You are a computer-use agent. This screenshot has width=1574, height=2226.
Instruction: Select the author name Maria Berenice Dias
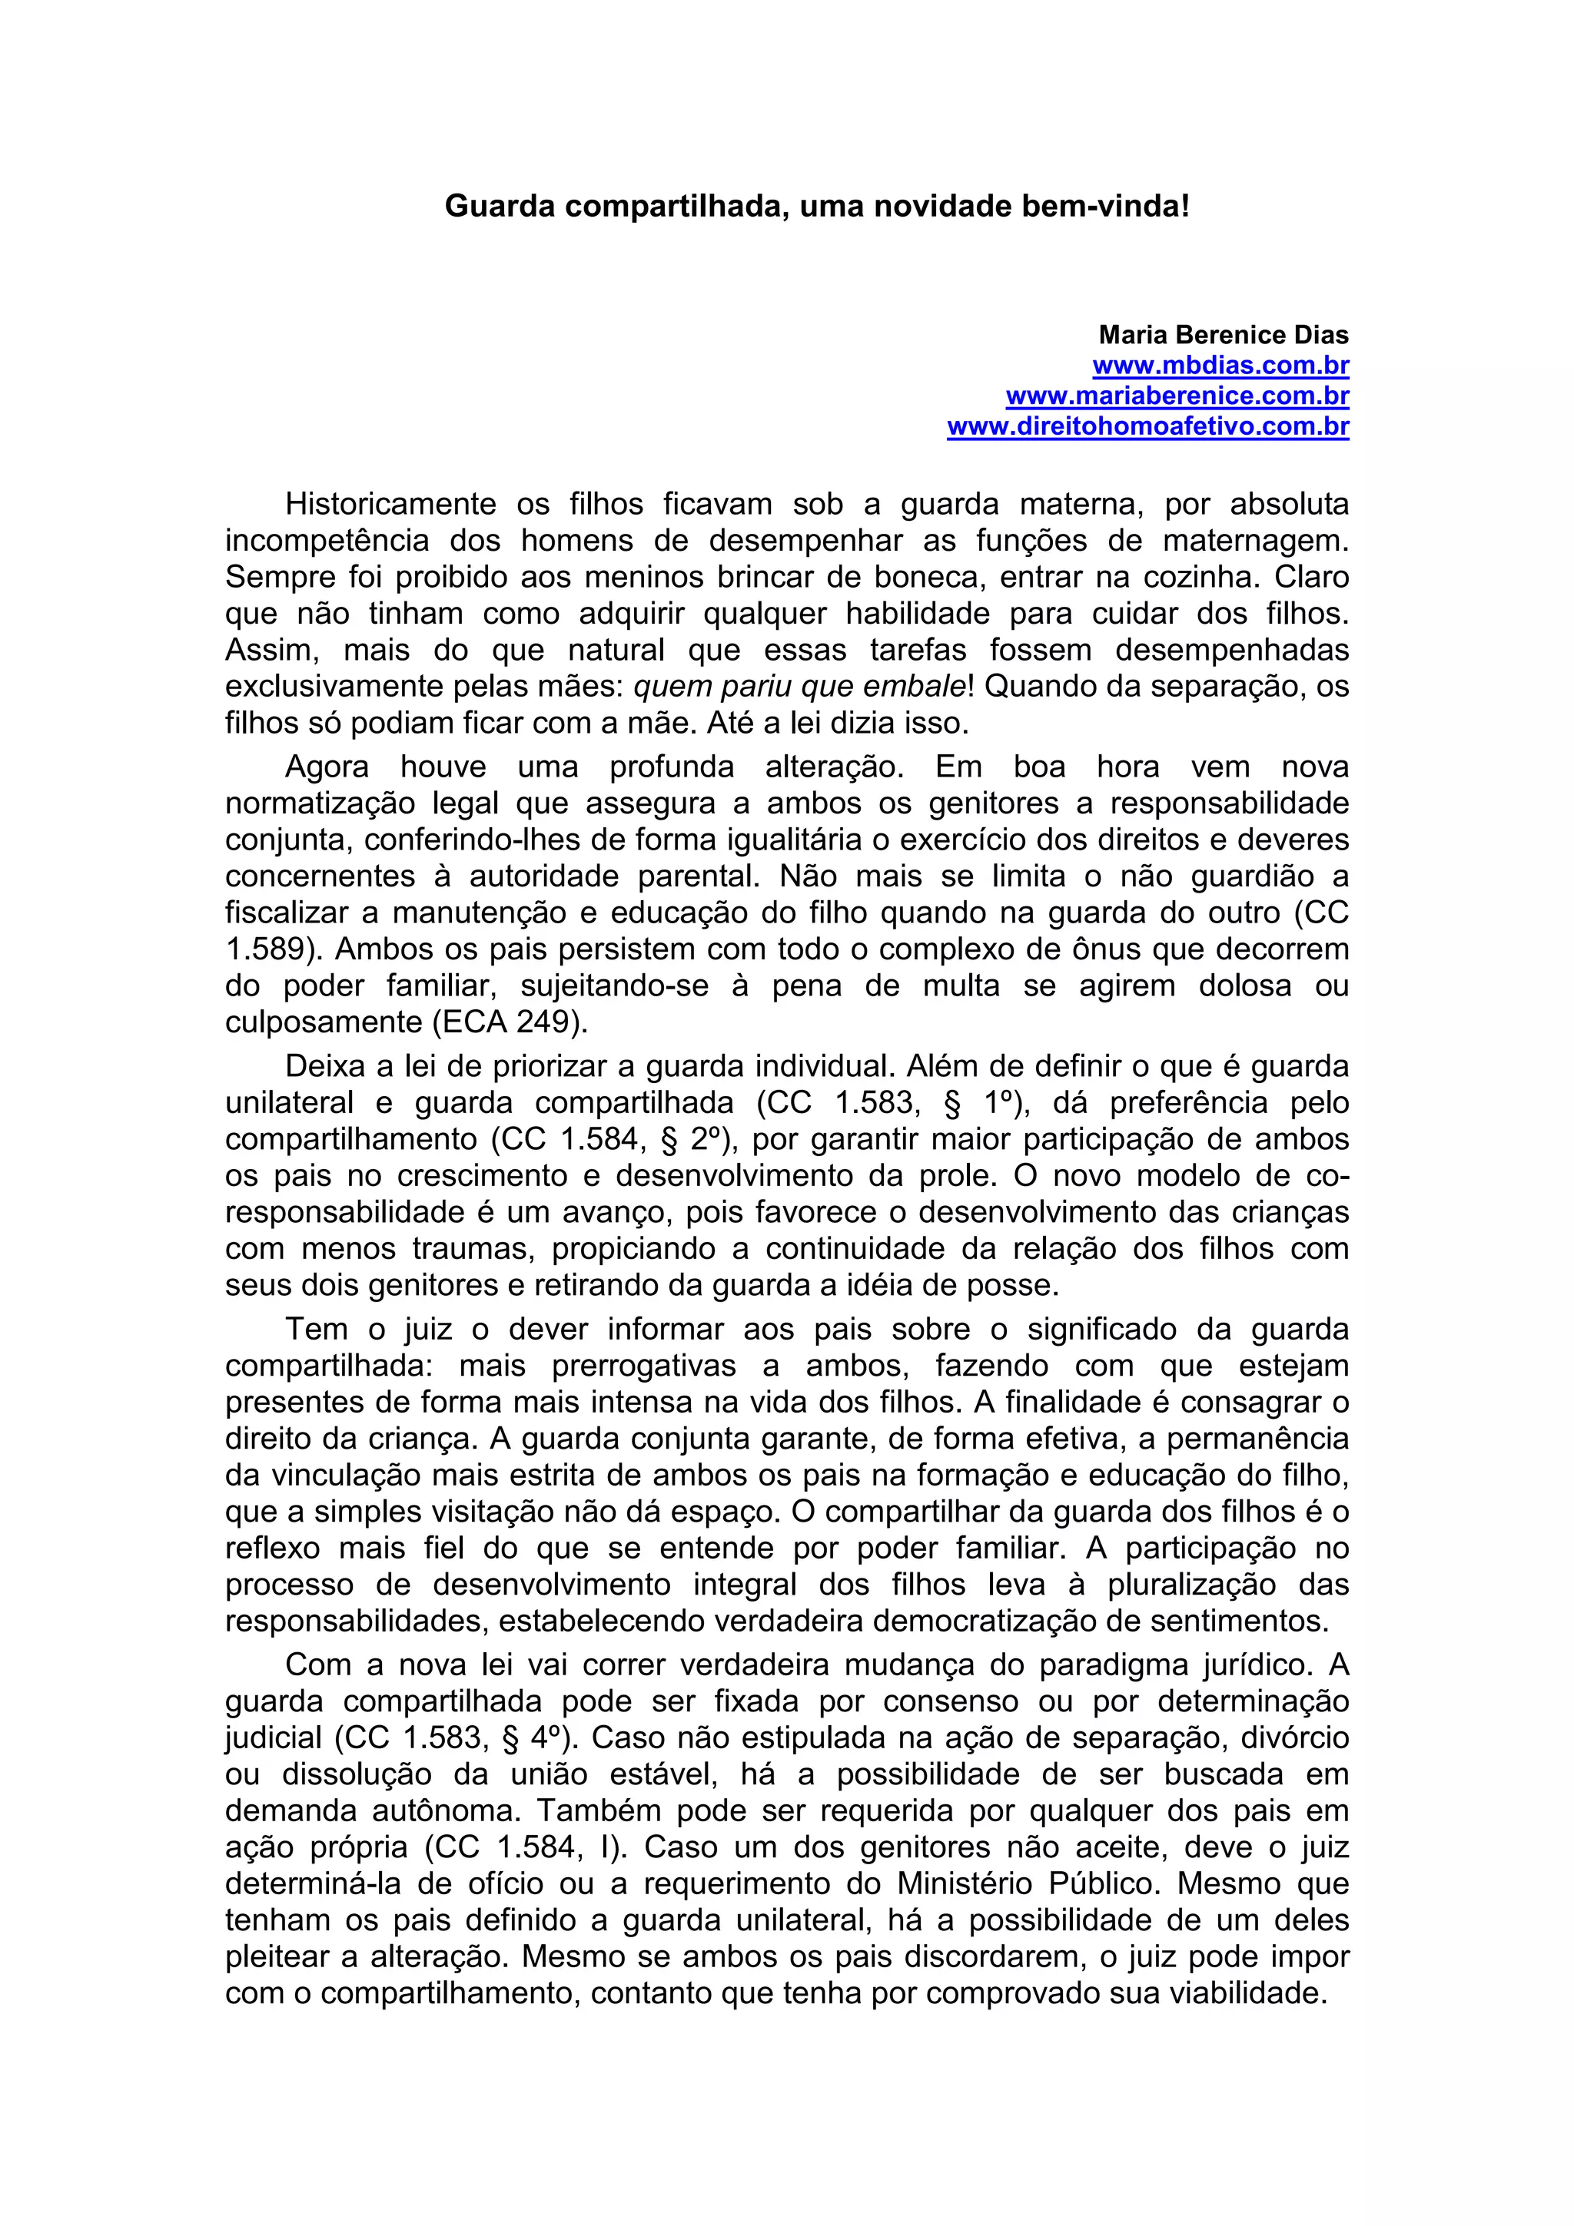point(1223,336)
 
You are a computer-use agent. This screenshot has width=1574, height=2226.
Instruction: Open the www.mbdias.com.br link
point(1221,366)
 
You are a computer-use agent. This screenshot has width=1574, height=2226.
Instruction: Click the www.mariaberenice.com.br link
point(1177,396)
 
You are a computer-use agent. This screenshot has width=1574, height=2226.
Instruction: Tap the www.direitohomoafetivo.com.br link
point(1148,426)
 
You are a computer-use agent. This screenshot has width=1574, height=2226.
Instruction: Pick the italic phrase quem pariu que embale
point(800,687)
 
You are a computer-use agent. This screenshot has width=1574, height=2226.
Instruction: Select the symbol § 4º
point(536,1738)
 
